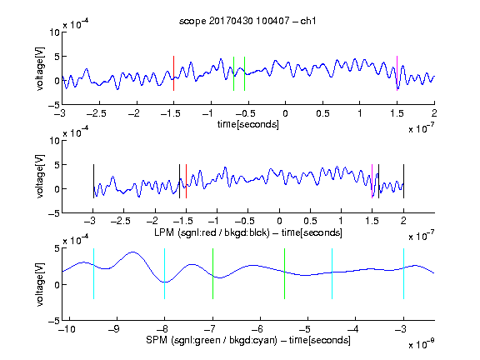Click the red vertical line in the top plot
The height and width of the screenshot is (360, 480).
click(173, 73)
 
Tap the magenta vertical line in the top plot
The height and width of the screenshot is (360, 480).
click(397, 73)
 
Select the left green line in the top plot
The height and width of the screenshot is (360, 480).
click(233, 73)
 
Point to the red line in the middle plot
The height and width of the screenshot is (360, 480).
click(186, 181)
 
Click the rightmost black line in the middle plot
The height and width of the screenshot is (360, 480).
click(403, 181)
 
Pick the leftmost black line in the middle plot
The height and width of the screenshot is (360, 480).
click(93, 181)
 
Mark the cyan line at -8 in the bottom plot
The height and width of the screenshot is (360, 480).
click(165, 273)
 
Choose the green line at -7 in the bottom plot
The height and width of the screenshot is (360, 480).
click(212, 273)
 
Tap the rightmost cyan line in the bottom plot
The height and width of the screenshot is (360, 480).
click(403, 273)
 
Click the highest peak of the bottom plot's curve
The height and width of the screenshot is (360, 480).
click(132, 252)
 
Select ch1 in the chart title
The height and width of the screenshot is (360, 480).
click(308, 21)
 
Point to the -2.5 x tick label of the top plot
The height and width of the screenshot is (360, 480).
click(97, 113)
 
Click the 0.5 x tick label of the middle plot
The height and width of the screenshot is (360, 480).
click(310, 221)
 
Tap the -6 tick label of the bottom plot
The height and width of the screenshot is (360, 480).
click(257, 329)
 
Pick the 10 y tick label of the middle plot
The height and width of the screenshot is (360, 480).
click(54, 141)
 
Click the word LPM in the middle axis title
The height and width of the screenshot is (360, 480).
click(164, 232)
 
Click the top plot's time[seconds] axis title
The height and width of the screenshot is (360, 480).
click(248, 124)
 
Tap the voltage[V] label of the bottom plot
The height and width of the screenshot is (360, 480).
click(40, 284)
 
